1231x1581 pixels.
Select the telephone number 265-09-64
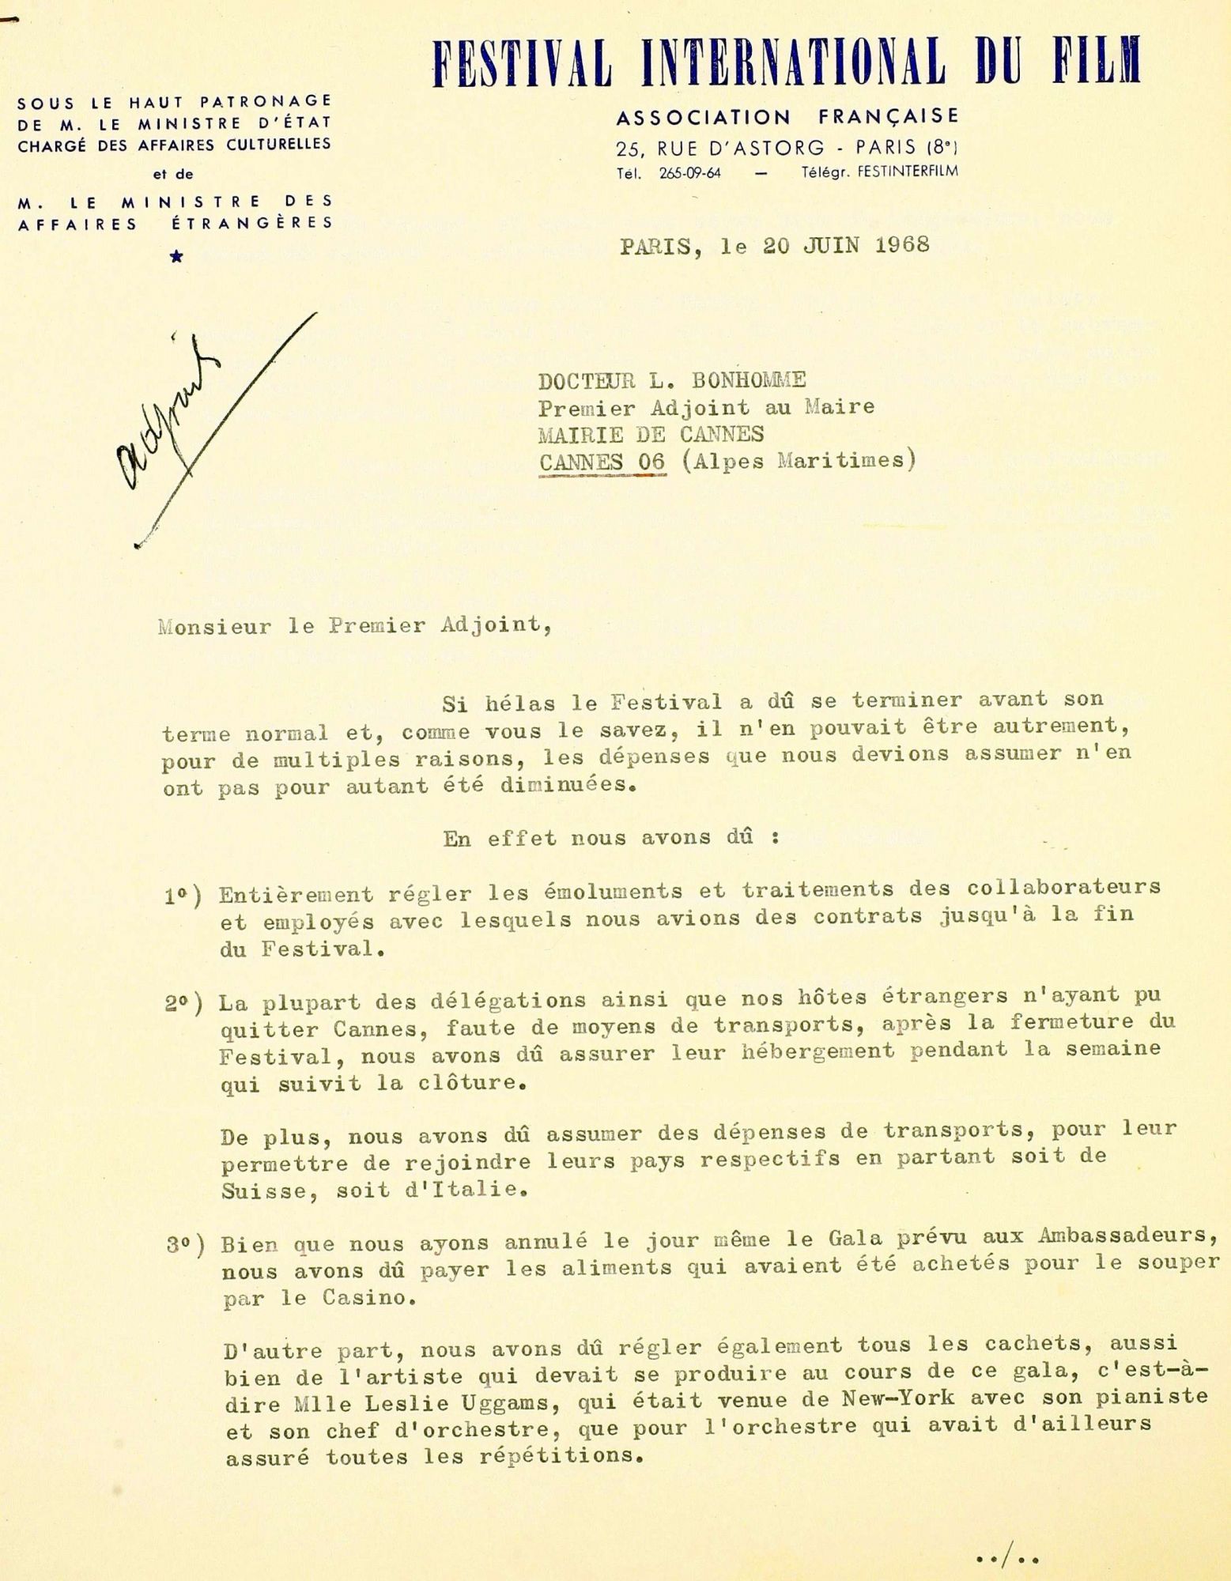pos(689,173)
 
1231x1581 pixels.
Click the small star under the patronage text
pos(177,255)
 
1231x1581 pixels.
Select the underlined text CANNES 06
pos(602,461)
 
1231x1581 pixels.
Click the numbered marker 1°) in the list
pos(183,897)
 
